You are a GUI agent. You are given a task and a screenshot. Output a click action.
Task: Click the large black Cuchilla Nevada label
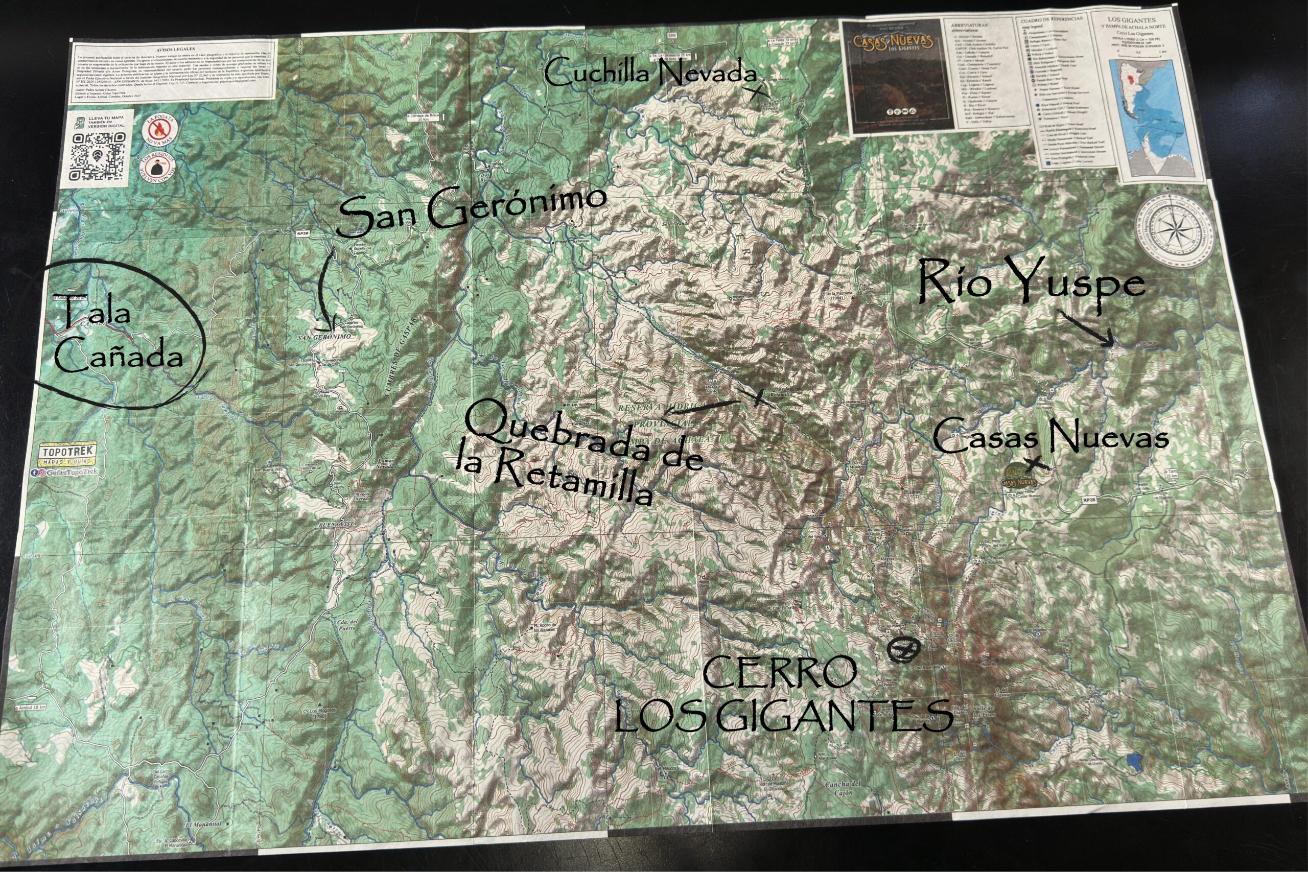click(x=650, y=74)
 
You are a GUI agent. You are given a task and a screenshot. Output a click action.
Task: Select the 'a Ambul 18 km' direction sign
click(x=30, y=708)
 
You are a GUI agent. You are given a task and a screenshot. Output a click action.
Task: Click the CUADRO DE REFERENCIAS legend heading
click(x=1051, y=20)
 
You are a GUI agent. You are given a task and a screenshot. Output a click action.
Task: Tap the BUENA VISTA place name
click(x=338, y=525)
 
